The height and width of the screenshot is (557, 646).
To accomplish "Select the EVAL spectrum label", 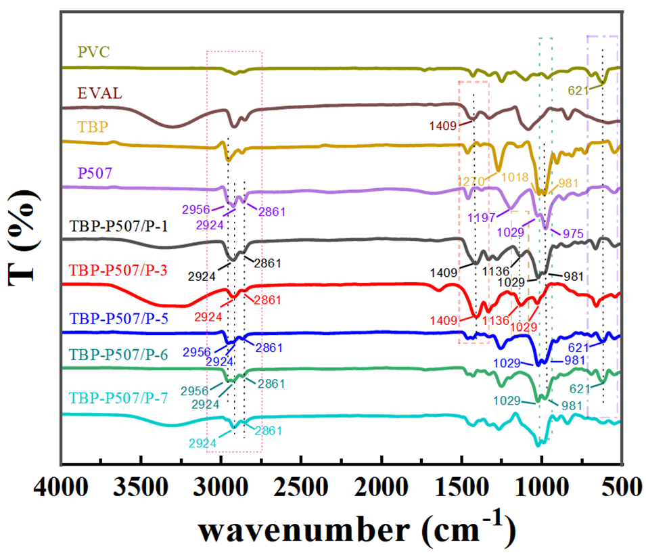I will click(x=99, y=93).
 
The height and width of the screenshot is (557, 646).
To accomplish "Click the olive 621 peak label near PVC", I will click(x=577, y=89).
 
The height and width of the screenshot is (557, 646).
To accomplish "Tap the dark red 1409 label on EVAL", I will click(x=444, y=125).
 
